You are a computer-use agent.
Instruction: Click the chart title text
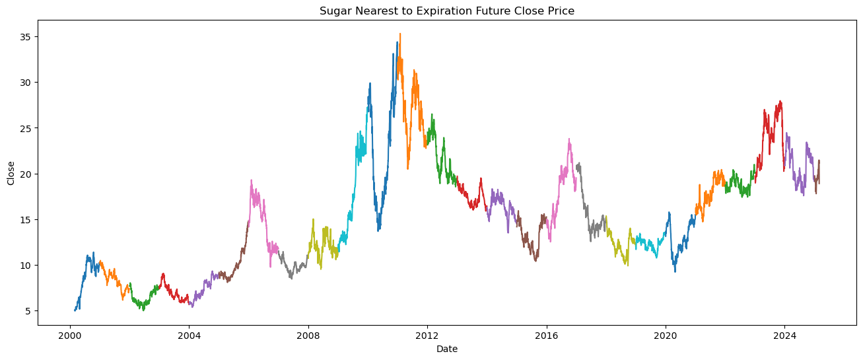pyautogui.click(x=447, y=11)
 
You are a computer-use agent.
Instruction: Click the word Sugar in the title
pyautogui.click(x=333, y=11)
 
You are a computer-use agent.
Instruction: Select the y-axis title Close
pyautogui.click(x=11, y=173)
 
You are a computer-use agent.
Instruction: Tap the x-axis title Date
pyautogui.click(x=447, y=349)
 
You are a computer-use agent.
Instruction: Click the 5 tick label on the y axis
pyautogui.click(x=28, y=311)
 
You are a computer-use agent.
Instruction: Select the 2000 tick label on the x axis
pyautogui.click(x=70, y=334)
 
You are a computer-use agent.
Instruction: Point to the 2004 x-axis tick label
pyautogui.click(x=189, y=334)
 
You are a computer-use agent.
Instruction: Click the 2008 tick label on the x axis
pyautogui.click(x=308, y=334)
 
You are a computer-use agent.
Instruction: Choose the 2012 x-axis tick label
pyautogui.click(x=427, y=334)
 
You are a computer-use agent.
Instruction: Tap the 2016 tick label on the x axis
pyautogui.click(x=546, y=334)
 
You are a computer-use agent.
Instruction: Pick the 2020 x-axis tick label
pyautogui.click(x=666, y=334)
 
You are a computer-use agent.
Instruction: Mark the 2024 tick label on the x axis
pyautogui.click(x=784, y=334)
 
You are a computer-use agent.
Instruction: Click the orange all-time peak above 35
pyautogui.click(x=399, y=34)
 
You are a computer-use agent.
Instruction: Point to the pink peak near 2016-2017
pyautogui.click(x=569, y=140)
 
